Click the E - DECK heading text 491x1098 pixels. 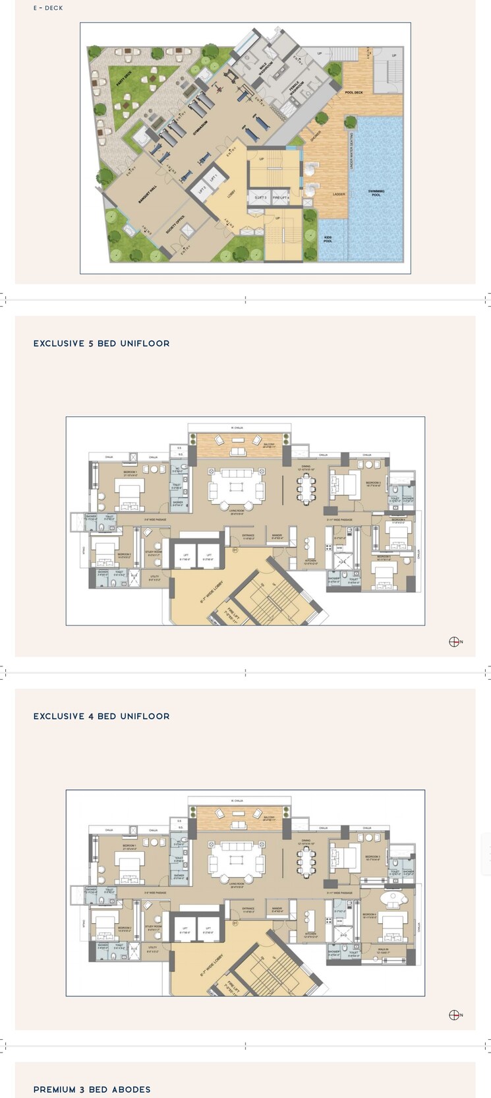coord(48,8)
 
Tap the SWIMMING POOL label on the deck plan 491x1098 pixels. coord(376,193)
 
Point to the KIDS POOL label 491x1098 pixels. coord(328,239)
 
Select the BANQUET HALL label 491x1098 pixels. coord(148,195)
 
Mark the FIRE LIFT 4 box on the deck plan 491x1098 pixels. coord(281,197)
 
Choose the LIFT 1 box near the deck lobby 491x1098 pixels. coord(213,178)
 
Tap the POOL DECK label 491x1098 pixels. coord(354,92)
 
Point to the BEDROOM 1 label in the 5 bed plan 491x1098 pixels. coord(130,472)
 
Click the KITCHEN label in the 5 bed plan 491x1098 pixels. coord(310,561)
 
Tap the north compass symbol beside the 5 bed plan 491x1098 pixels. coord(454,641)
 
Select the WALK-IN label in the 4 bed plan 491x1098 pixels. coord(383,951)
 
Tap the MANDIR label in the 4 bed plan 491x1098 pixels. coord(277,909)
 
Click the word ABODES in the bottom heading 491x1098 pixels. coord(132,1089)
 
